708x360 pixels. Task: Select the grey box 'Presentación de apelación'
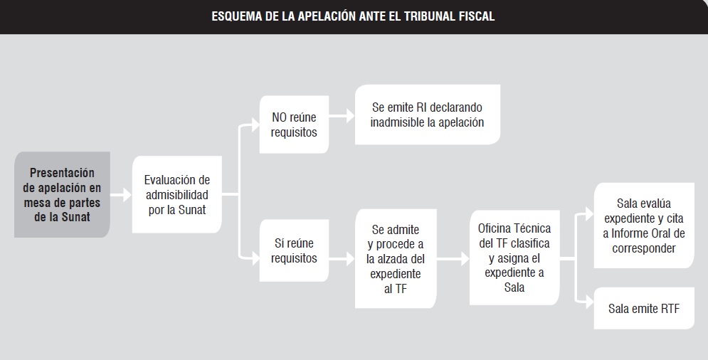click(x=62, y=195)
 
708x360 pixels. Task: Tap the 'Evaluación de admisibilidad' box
click(x=177, y=195)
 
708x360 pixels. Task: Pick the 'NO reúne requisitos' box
click(x=294, y=125)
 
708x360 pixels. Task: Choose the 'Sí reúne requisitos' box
click(x=294, y=250)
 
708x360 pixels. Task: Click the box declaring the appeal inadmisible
click(x=427, y=115)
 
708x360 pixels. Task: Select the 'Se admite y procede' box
click(x=396, y=259)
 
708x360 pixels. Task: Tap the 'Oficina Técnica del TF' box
click(x=514, y=258)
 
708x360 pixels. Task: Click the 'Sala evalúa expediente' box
click(x=644, y=226)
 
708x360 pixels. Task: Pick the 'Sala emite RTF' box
click(x=644, y=309)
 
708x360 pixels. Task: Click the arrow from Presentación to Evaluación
click(x=121, y=195)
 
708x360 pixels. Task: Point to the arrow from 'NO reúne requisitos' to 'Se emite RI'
click(x=342, y=116)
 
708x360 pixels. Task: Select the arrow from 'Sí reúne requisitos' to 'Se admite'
click(x=342, y=259)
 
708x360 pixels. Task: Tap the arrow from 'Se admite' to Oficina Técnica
click(x=453, y=259)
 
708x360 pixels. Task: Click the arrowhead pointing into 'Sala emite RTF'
click(x=589, y=302)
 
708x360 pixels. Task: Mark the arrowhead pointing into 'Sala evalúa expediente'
click(x=589, y=214)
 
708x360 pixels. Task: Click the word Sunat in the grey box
click(x=76, y=217)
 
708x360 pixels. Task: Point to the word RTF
click(x=670, y=309)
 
